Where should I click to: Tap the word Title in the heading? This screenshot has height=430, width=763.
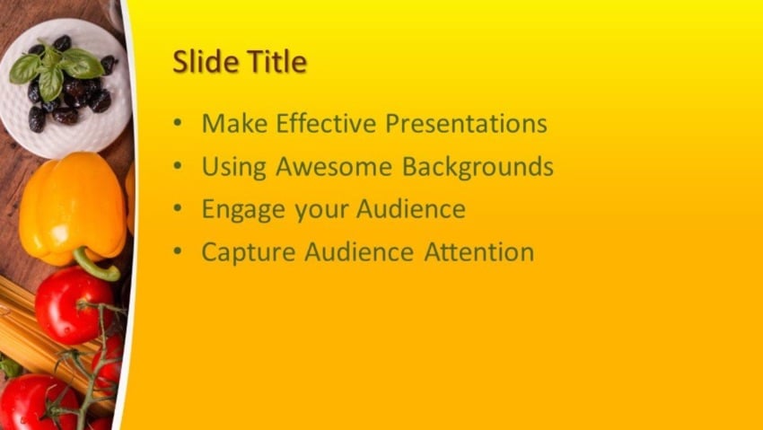coord(273,62)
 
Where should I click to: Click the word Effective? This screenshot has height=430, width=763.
coord(324,123)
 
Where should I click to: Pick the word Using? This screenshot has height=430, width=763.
coord(233,168)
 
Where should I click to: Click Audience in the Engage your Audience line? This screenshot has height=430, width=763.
coord(411,209)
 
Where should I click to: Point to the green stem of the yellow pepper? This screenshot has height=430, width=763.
coord(94,266)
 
